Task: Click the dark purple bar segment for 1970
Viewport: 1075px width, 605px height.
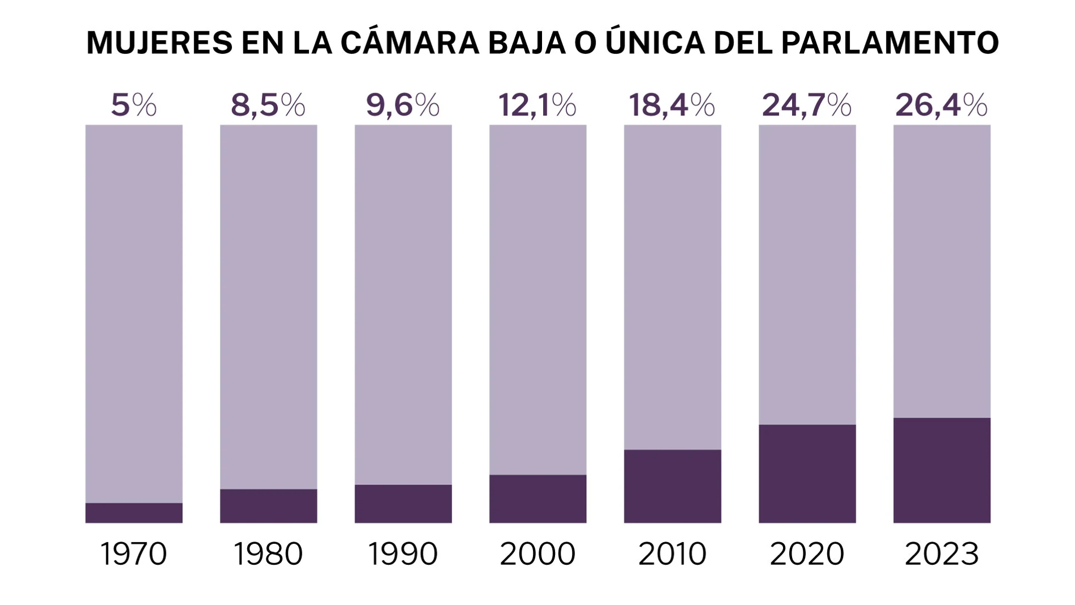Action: (134, 513)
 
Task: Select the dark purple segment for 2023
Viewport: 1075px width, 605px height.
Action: (941, 470)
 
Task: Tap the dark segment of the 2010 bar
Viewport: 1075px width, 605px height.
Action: (672, 486)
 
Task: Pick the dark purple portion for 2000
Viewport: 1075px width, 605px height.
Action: (537, 499)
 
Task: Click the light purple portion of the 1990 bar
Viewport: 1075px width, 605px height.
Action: (403, 304)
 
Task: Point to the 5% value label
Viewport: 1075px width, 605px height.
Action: (134, 105)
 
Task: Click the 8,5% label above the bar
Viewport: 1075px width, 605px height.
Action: (268, 105)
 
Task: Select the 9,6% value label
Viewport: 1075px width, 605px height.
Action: (403, 105)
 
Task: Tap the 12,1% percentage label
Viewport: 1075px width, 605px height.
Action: (537, 105)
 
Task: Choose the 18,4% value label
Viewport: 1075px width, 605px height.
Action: (672, 105)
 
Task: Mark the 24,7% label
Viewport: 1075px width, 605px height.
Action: (807, 105)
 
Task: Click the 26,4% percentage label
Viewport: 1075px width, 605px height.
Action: (941, 105)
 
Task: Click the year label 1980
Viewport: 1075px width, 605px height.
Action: (268, 554)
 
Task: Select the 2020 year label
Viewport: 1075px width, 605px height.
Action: (807, 554)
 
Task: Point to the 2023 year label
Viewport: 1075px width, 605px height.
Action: (941, 554)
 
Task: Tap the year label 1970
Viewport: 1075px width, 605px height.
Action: (134, 554)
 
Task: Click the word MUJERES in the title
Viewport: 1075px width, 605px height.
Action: (160, 43)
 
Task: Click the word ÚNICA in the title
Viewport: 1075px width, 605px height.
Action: (655, 43)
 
